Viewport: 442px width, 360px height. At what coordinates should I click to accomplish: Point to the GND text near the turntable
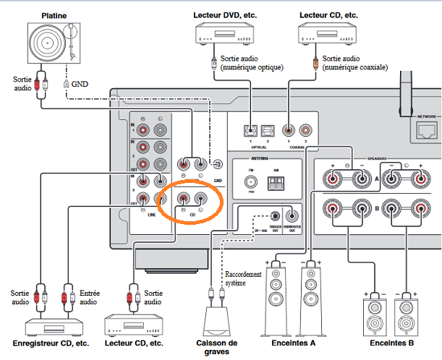(x=79, y=83)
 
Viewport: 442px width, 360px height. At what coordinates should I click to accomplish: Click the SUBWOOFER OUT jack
(x=292, y=215)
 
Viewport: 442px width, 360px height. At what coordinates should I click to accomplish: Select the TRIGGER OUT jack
(x=275, y=215)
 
